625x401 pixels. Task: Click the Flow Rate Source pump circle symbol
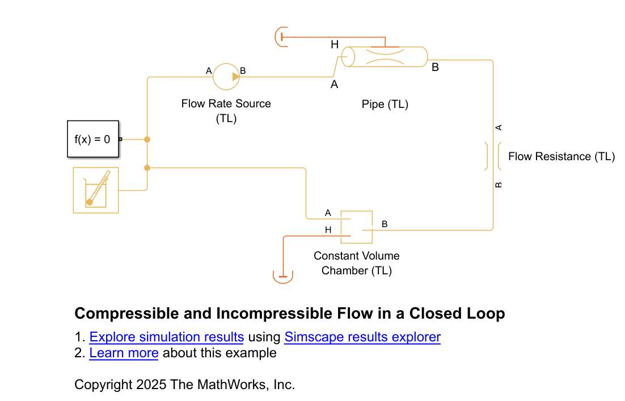(x=226, y=76)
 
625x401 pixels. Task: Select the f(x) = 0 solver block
(x=93, y=139)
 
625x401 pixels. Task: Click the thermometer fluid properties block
(x=96, y=190)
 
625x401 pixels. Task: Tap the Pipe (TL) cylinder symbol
(x=385, y=57)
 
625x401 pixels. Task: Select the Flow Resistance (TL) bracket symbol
(x=492, y=156)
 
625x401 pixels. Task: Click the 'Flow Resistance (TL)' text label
(x=561, y=157)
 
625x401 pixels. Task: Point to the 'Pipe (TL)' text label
(x=385, y=105)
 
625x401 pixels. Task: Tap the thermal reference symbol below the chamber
(x=283, y=277)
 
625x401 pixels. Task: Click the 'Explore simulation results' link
(x=166, y=337)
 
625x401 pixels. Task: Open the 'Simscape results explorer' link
(x=362, y=337)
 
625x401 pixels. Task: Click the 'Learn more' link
(x=124, y=353)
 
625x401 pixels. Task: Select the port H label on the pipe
(x=334, y=44)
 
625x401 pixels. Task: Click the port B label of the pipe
(x=435, y=68)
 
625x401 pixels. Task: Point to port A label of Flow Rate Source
(x=209, y=71)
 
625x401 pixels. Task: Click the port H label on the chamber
(x=328, y=230)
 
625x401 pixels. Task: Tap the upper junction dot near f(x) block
(x=147, y=139)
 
